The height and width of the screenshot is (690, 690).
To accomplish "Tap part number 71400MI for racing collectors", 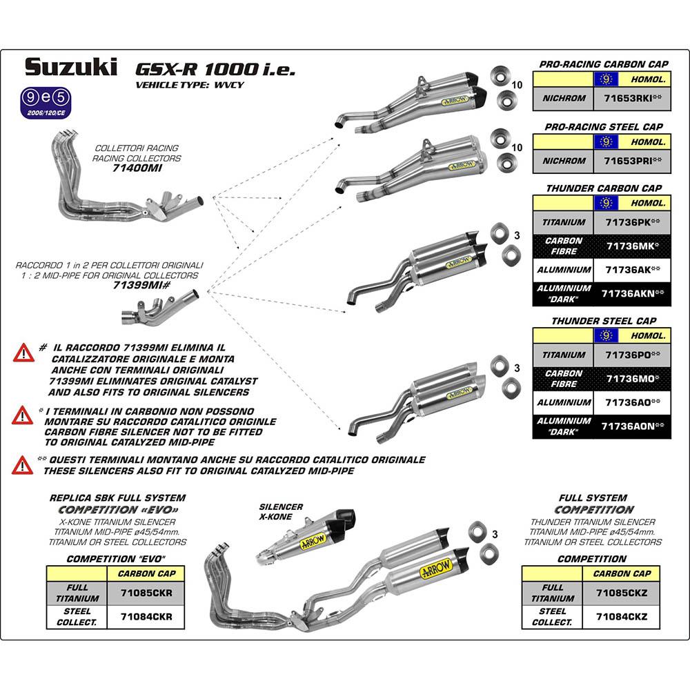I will (x=137, y=168).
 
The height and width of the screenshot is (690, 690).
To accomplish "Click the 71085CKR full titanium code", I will (x=146, y=593).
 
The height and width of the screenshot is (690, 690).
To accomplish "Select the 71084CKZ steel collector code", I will (x=622, y=616).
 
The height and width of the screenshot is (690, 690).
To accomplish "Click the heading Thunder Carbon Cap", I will (x=603, y=188).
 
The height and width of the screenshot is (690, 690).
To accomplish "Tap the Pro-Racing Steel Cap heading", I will (x=603, y=127).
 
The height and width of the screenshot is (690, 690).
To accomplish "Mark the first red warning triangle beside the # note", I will (x=23, y=353).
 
